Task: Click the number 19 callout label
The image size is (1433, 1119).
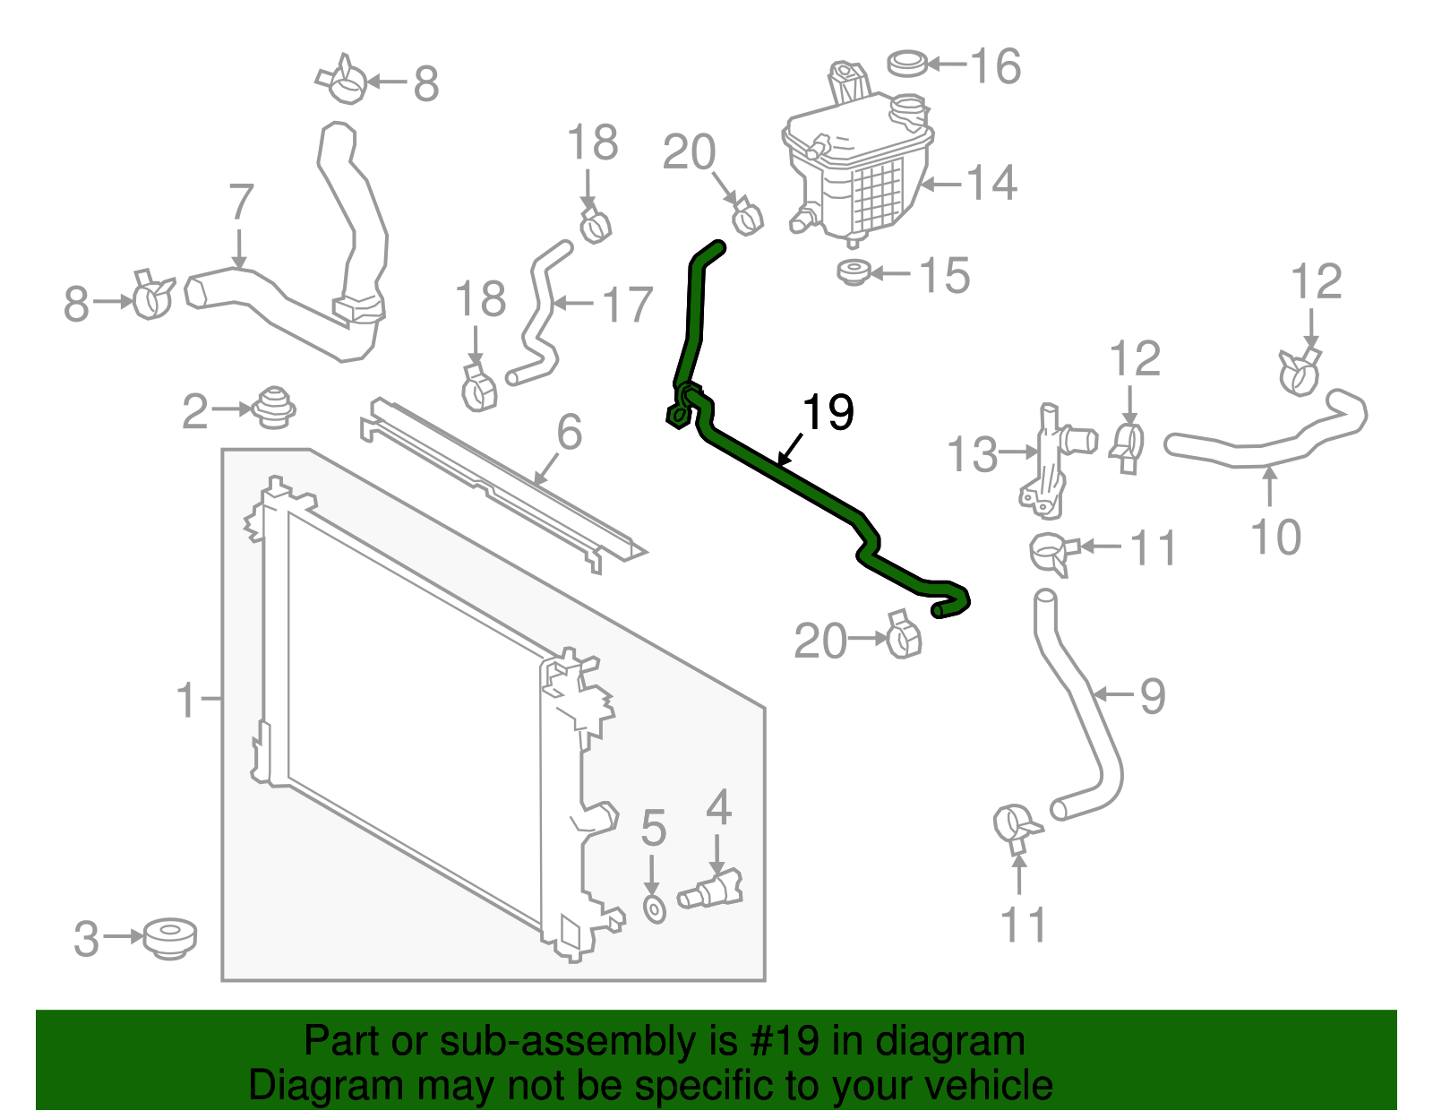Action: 828,413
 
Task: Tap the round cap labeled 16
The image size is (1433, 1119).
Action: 908,64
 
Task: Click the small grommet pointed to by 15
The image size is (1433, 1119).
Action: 854,272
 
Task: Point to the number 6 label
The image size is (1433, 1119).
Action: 570,432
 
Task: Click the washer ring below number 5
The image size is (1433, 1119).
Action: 654,910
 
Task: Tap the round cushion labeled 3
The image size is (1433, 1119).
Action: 170,939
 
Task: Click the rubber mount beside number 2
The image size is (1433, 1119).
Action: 274,409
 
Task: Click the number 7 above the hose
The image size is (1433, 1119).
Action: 241,202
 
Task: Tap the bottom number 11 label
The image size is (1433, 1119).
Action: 1024,925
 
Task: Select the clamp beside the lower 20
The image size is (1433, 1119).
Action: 902,634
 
